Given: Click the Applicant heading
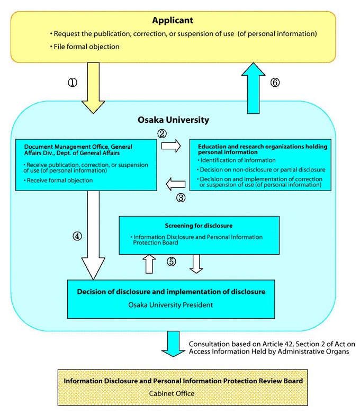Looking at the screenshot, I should pyautogui.click(x=173, y=21).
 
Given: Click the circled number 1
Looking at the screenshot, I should pyautogui.click(x=73, y=83).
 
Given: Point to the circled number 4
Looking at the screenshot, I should pyautogui.click(x=77, y=237).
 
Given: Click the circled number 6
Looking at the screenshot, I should pyautogui.click(x=274, y=83).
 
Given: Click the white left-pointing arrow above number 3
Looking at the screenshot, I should pyautogui.click(x=175, y=184).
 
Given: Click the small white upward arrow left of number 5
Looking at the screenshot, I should pyautogui.click(x=149, y=263).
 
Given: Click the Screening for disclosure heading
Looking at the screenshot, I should pyautogui.click(x=199, y=226).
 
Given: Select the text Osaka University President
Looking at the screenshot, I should pyautogui.click(x=170, y=305).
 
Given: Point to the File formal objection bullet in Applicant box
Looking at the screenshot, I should pyautogui.click(x=86, y=47).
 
